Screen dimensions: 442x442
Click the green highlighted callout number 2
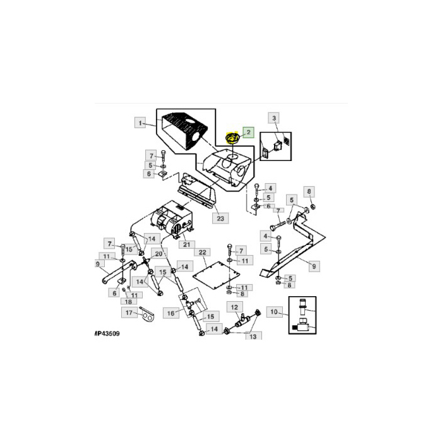pos(248,133)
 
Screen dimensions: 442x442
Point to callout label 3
pos(274,118)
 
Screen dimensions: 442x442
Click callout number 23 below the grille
pos(220,218)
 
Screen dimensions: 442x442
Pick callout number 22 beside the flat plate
pos(203,253)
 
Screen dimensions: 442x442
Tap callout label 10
pos(273,312)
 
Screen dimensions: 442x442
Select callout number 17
pos(129,313)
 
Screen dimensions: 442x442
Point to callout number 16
pos(171,313)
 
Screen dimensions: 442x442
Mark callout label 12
pos(234,307)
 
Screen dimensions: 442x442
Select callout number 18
pos(129,302)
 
